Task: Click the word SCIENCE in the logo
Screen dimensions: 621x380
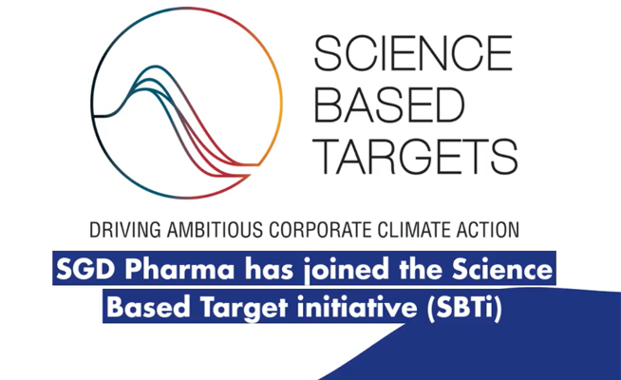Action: coord(413,52)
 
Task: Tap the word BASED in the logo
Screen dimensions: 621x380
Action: coord(389,104)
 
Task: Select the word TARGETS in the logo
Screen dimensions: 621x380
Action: coord(416,157)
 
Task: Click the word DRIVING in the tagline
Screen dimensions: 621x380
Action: coord(125,230)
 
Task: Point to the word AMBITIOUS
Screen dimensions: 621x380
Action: coord(215,230)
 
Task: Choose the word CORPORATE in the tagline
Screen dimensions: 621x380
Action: coord(321,230)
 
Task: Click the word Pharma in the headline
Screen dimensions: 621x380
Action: coord(179,269)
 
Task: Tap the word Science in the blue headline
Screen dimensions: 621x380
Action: coord(502,269)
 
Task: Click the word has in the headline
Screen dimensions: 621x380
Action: coord(270,269)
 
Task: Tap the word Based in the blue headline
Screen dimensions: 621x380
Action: coord(148,307)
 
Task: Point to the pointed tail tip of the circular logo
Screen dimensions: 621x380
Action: coord(259,164)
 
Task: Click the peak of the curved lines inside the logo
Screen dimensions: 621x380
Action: coord(155,66)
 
